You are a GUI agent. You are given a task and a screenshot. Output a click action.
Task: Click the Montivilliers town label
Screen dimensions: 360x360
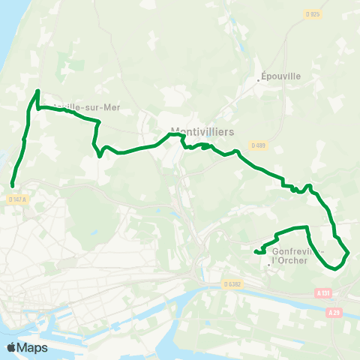click(x=202, y=131)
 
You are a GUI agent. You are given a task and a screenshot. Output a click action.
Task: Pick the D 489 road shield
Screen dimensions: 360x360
click(x=259, y=145)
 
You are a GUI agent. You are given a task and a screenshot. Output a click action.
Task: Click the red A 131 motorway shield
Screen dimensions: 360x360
click(x=323, y=292)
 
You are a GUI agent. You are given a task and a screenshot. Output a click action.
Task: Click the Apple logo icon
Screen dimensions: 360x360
click(x=11, y=347)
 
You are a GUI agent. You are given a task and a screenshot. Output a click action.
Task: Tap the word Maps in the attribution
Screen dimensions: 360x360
click(x=32, y=347)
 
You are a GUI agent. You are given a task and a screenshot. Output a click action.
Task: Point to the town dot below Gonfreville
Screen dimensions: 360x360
click(x=269, y=264)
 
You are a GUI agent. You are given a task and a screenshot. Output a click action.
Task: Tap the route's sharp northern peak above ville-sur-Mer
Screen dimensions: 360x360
click(x=37, y=91)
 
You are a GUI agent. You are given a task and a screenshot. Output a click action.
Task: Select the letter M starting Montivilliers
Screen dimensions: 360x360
click(x=176, y=131)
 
